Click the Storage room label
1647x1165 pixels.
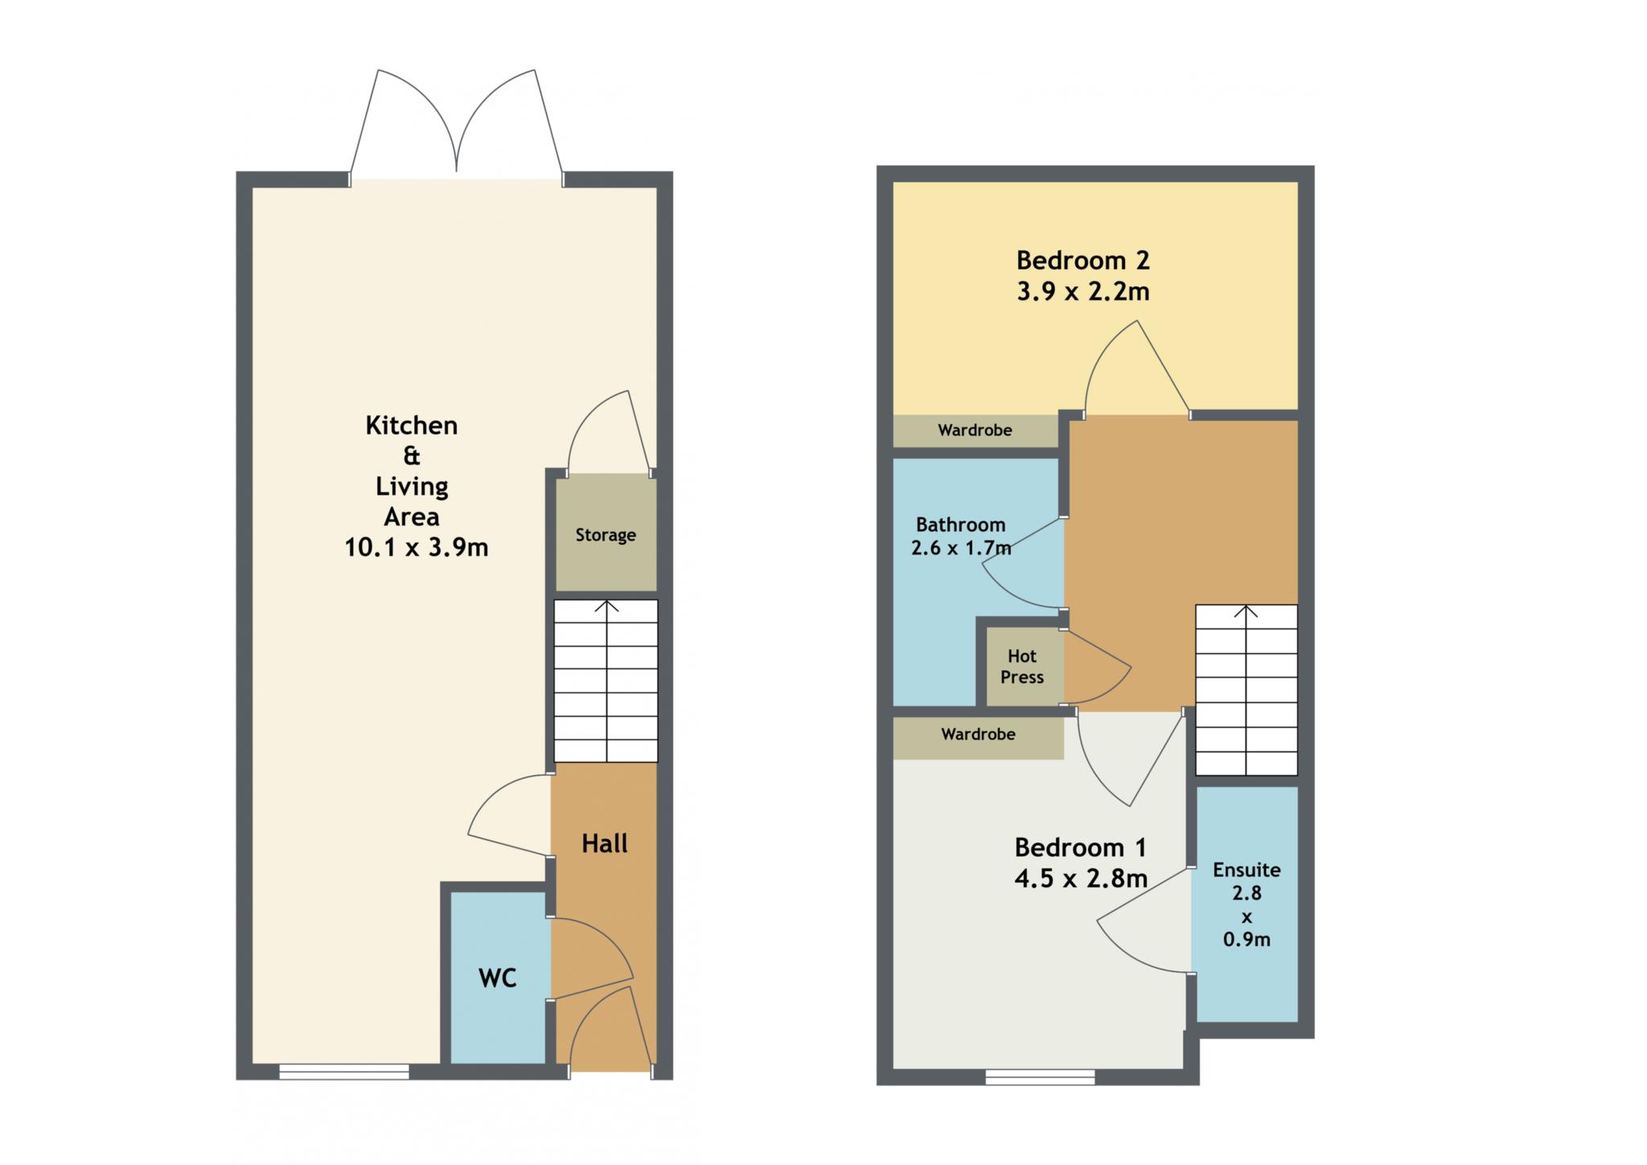pyautogui.click(x=606, y=535)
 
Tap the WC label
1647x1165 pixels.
pyautogui.click(x=497, y=978)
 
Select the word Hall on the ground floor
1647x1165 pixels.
pyautogui.click(x=605, y=843)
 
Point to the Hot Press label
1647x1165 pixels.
pyautogui.click(x=1022, y=667)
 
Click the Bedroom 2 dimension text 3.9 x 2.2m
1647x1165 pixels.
pyautogui.click(x=1083, y=291)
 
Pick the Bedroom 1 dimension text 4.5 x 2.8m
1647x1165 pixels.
pyautogui.click(x=1081, y=879)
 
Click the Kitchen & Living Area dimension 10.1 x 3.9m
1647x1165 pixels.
pyautogui.click(x=417, y=548)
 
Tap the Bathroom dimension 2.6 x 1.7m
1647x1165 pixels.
pyautogui.click(x=961, y=549)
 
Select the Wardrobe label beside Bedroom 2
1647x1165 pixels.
pyautogui.click(x=975, y=430)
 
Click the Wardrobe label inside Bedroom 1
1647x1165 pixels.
pyautogui.click(x=978, y=735)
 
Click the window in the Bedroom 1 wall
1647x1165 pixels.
pyautogui.click(x=1040, y=1077)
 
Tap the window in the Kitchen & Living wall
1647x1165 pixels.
pyautogui.click(x=344, y=1072)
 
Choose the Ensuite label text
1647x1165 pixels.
pyautogui.click(x=1247, y=870)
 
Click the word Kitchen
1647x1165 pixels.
pyautogui.click(x=412, y=425)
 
